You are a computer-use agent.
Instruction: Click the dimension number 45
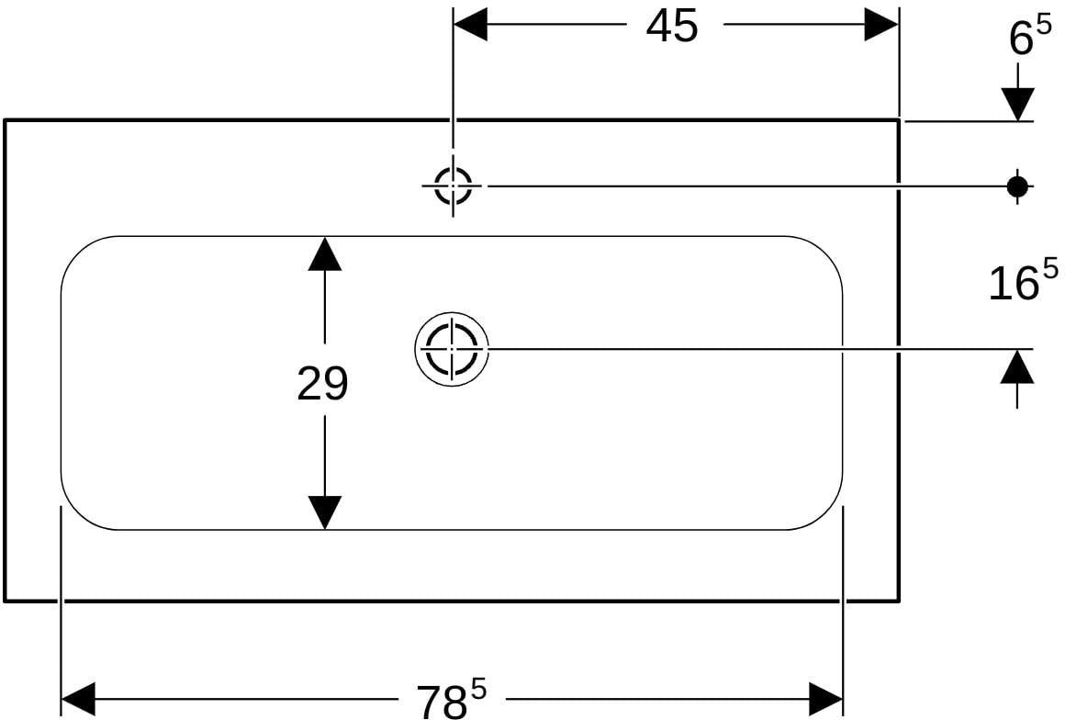tap(672, 28)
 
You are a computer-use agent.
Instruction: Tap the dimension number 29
tap(322, 383)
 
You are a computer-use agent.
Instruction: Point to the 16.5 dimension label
tap(1023, 280)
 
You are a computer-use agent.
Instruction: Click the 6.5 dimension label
tap(1030, 37)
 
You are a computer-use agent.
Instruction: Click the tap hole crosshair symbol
tap(453, 185)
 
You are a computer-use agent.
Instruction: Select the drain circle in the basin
tap(452, 349)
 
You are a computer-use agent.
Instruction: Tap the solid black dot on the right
tap(1016, 186)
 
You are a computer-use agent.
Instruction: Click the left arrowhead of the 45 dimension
tap(470, 25)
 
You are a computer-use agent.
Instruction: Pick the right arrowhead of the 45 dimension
tap(881, 25)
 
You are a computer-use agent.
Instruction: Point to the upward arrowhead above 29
tap(325, 253)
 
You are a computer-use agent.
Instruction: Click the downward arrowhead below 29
tap(325, 512)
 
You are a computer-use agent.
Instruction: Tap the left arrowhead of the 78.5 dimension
tap(78, 700)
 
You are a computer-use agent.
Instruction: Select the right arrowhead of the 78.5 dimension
tap(826, 700)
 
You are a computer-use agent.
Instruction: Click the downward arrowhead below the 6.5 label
tap(1017, 105)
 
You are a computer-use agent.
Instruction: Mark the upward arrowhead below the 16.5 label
tap(1017, 366)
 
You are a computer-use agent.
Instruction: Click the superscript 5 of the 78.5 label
tap(479, 692)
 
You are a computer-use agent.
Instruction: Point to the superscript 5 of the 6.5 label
tap(1043, 29)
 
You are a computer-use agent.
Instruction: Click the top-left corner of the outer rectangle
tap(6, 120)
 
